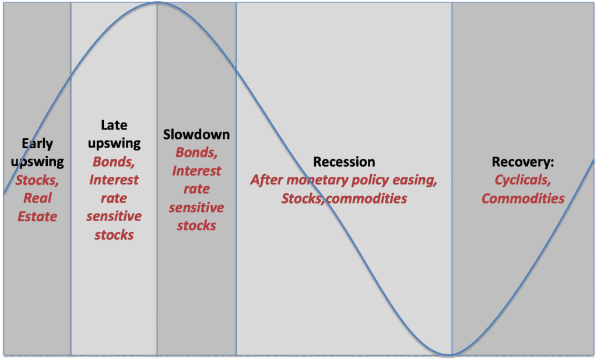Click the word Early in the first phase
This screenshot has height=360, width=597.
coord(37,144)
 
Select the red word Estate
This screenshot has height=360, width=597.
coord(37,217)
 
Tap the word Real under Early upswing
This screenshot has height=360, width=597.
coord(37,198)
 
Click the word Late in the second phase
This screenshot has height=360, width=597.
coord(114,125)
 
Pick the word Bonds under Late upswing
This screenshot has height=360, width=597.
coord(114,162)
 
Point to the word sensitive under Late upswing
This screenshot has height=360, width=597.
coord(114,216)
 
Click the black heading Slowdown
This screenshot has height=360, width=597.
coord(196,134)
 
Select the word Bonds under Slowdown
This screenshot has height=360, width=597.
coord(196,152)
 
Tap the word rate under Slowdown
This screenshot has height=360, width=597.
coord(196,189)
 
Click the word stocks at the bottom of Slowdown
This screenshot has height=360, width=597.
coord(196,226)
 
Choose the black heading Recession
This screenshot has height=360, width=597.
coord(344,162)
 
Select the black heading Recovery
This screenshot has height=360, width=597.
coord(522,162)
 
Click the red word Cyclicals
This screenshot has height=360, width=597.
coord(522,180)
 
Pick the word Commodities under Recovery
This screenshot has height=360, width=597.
coord(523,198)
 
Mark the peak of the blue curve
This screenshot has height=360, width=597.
coord(157,2)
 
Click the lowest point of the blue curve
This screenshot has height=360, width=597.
coord(450,355)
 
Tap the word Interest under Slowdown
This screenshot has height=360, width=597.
coord(196,171)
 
